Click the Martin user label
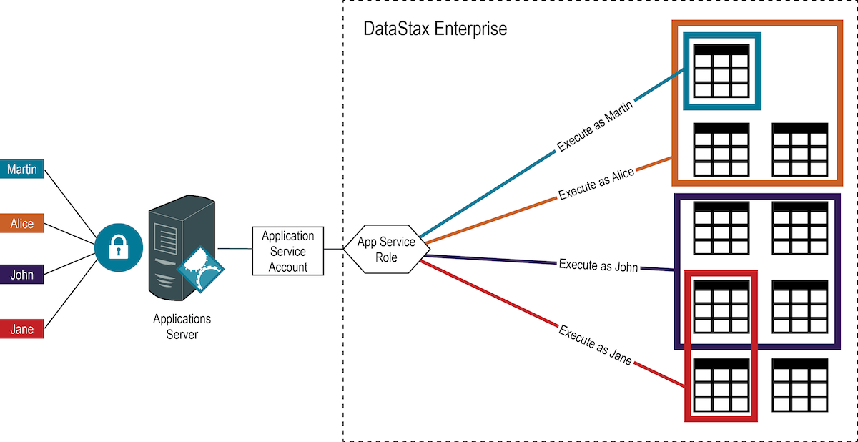tap(22, 170)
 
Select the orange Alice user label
tap(22, 223)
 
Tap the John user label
tap(22, 275)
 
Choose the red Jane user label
tap(22, 329)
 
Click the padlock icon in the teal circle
tap(115, 248)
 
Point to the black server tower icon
tap(175, 247)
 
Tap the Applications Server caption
tap(182, 326)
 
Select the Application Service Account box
tap(288, 251)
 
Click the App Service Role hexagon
tap(386, 250)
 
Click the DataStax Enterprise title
tap(435, 29)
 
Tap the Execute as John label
tap(597, 265)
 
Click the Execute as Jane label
tap(595, 345)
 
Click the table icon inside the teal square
tap(721, 71)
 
